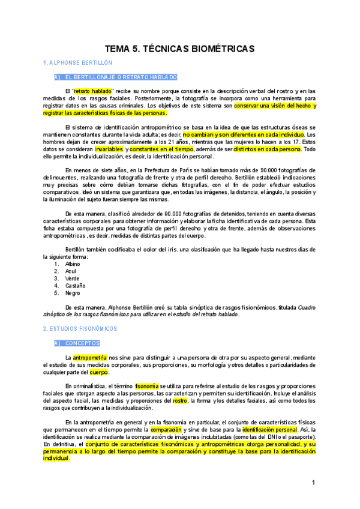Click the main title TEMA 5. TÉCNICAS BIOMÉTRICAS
[x=180, y=48]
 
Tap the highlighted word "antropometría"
[x=91, y=358]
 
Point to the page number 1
[x=313, y=483]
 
